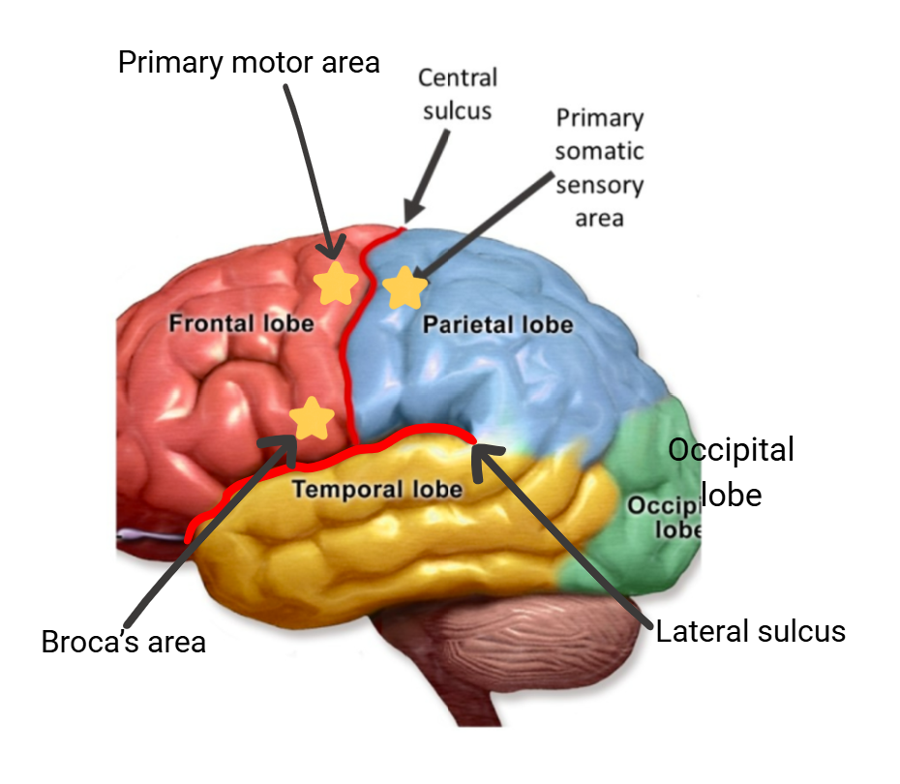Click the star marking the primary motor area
[x=336, y=283]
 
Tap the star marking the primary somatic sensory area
[x=405, y=287]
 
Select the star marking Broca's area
[x=312, y=419]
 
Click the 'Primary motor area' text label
[x=249, y=63]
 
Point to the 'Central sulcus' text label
[x=458, y=94]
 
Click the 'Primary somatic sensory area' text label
[x=599, y=167]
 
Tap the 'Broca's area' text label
[x=123, y=642]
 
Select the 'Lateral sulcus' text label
[x=751, y=632]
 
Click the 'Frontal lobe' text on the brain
[x=241, y=322]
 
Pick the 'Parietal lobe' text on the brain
[x=497, y=324]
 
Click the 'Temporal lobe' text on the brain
[x=377, y=489]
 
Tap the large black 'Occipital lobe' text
[x=731, y=471]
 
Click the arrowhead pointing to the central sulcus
[x=410, y=212]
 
